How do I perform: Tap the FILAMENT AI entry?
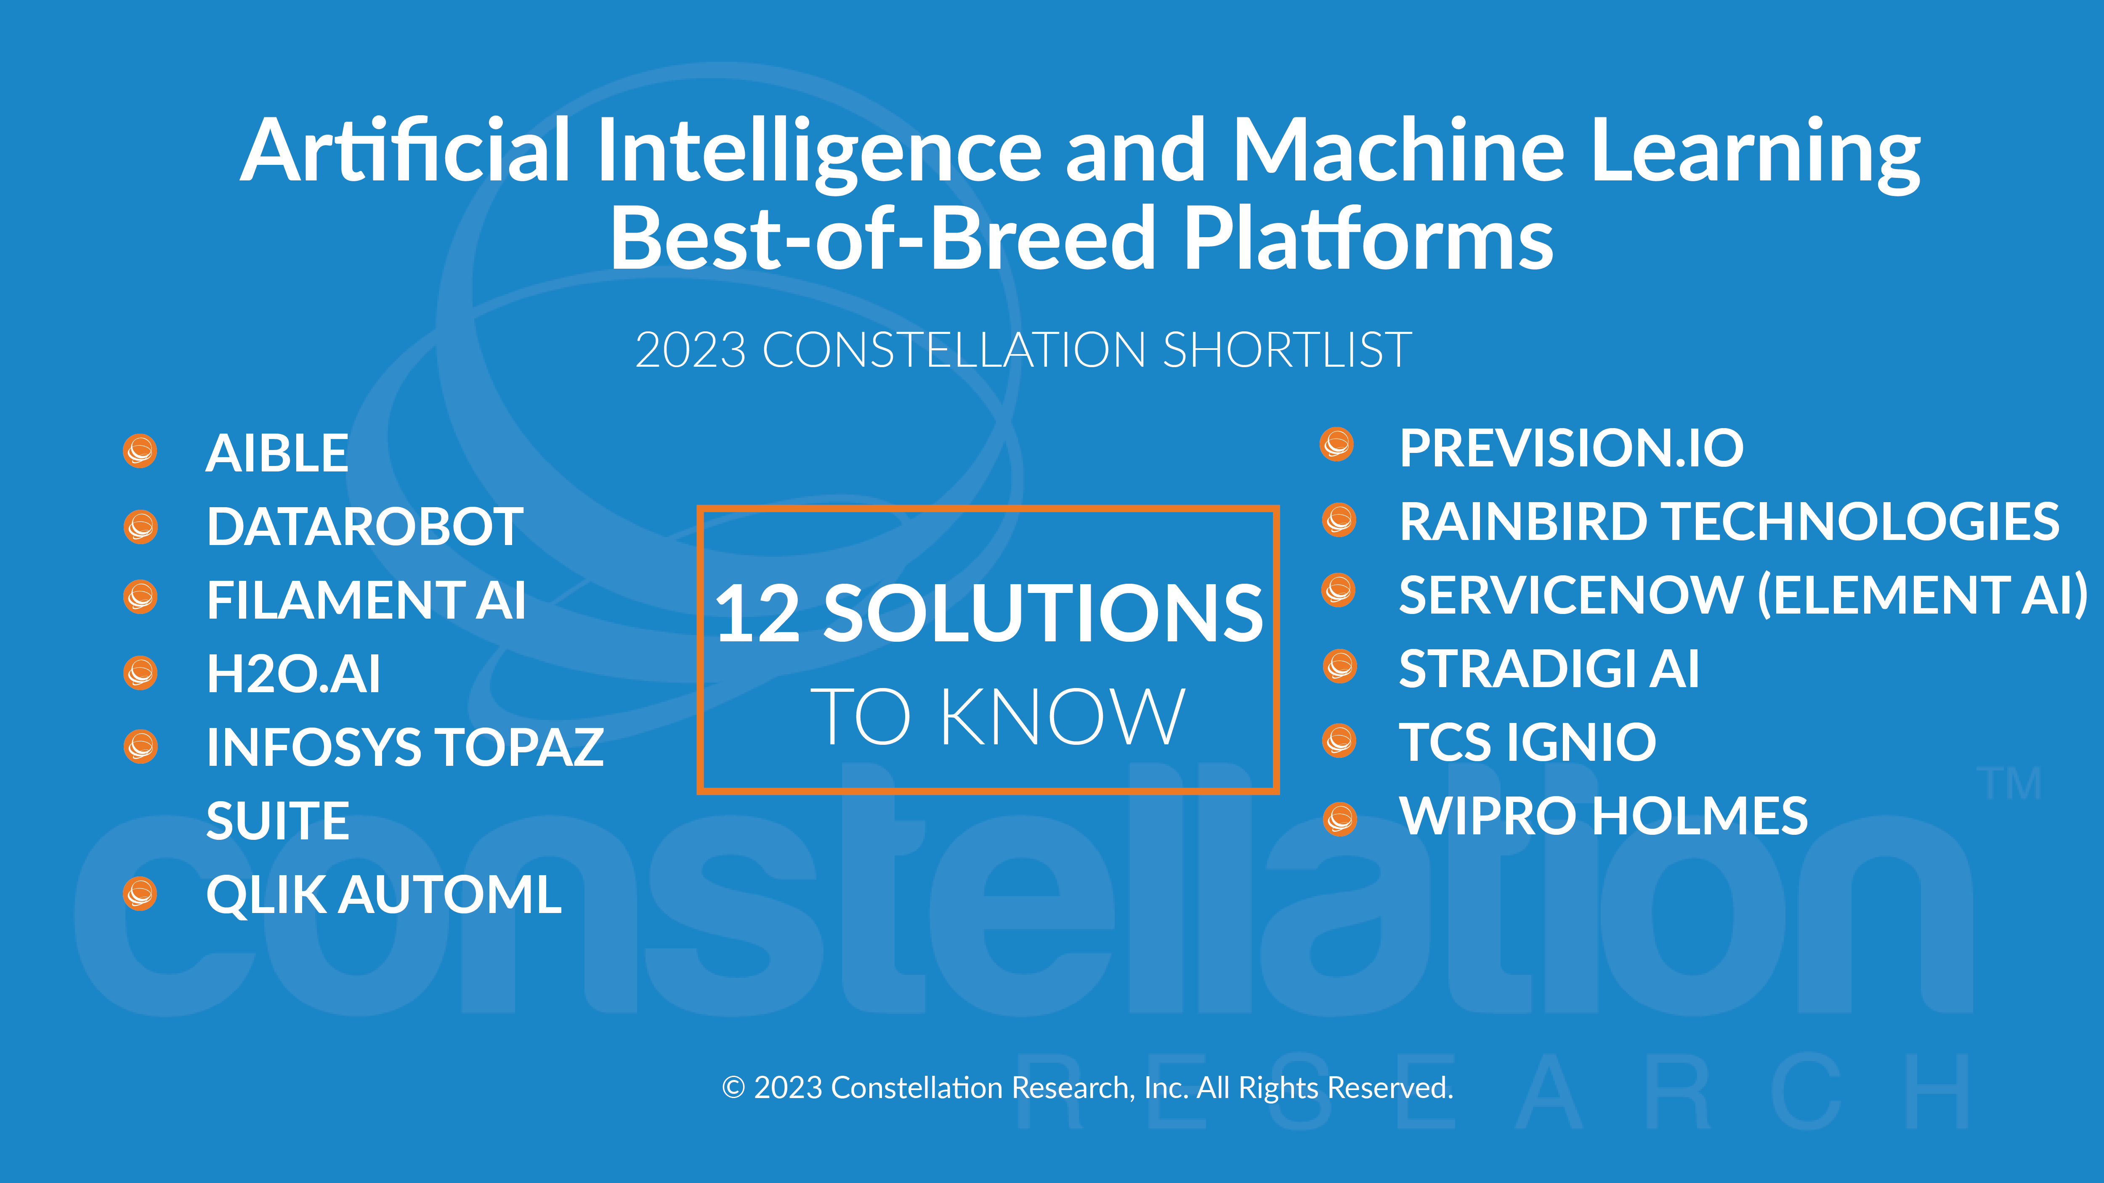pos(366,600)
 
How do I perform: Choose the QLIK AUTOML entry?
pos(384,895)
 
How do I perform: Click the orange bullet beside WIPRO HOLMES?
pos(1339,819)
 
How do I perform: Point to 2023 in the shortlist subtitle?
pos(690,350)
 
